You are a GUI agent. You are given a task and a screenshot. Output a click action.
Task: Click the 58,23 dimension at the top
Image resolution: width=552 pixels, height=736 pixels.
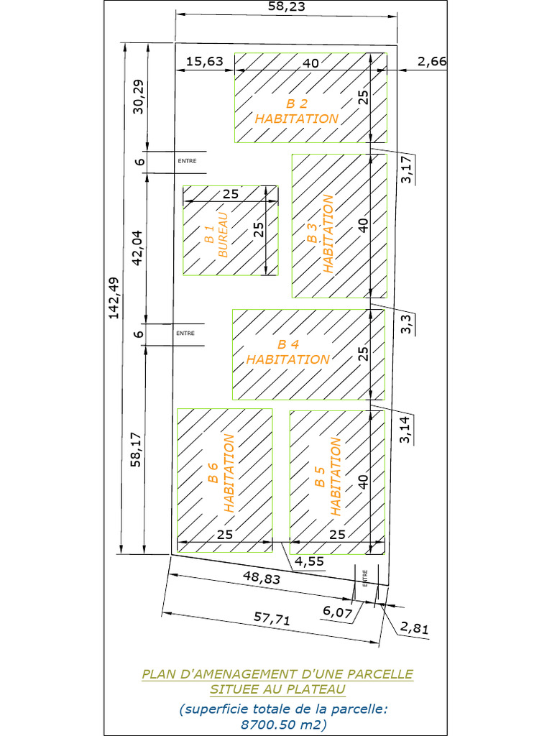point(286,6)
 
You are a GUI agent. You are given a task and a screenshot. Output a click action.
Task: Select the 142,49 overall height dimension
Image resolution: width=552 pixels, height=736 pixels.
point(114,298)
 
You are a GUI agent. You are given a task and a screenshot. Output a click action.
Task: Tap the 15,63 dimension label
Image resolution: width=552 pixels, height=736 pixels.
point(205,62)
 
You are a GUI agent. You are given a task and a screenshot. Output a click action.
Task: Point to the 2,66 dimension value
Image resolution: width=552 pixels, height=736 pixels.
point(432,62)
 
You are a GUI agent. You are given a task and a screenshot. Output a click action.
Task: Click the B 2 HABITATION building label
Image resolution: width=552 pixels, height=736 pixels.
point(297,111)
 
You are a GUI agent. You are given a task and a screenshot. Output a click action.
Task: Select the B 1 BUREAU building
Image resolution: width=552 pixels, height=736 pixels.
point(231,231)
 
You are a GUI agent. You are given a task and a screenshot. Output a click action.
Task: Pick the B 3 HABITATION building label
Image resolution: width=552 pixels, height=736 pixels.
point(321,234)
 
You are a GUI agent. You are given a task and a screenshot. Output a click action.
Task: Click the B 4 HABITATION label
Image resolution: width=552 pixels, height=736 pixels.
point(288,352)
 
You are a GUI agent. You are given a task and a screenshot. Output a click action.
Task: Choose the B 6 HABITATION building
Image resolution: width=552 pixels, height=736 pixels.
point(225,480)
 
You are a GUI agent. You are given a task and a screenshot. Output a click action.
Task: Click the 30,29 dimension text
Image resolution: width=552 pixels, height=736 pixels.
point(139,97)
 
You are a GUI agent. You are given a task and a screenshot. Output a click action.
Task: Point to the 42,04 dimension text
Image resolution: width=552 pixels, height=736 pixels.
point(137,248)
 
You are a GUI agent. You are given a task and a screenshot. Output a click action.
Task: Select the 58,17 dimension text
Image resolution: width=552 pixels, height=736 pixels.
point(136,450)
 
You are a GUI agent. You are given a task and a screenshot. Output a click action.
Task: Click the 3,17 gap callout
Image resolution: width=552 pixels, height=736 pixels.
point(407,169)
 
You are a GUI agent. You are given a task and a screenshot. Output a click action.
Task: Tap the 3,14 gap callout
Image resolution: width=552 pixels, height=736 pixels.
point(405,430)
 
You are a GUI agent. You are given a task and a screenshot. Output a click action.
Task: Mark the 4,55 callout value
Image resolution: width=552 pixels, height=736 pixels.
point(309,561)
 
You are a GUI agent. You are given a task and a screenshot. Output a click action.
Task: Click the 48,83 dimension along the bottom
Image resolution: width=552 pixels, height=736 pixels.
point(262,577)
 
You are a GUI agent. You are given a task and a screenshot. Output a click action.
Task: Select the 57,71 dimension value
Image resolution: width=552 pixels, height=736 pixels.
point(272,618)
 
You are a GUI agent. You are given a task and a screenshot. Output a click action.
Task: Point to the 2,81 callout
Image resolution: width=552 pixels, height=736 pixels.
point(415,627)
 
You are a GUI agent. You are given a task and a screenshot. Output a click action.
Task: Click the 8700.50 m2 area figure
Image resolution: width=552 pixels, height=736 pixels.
point(283,724)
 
